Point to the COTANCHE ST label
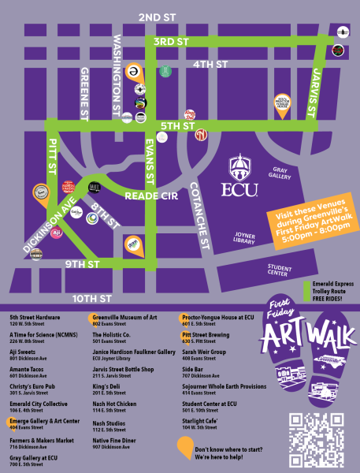199,216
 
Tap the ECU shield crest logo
240,167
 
